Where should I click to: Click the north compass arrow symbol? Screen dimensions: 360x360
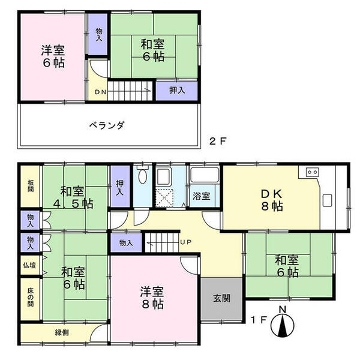click(283, 324)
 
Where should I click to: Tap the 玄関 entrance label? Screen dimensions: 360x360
click(221, 299)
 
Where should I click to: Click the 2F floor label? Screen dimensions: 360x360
click(217, 142)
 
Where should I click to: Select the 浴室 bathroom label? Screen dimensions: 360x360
click(202, 196)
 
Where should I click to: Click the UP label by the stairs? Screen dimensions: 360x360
click(186, 242)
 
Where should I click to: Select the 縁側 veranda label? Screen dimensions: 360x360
click(62, 332)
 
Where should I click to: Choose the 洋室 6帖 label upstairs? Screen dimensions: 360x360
click(53, 55)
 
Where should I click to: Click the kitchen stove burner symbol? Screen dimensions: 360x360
click(312, 172)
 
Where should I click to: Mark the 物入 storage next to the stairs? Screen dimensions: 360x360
click(126, 242)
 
